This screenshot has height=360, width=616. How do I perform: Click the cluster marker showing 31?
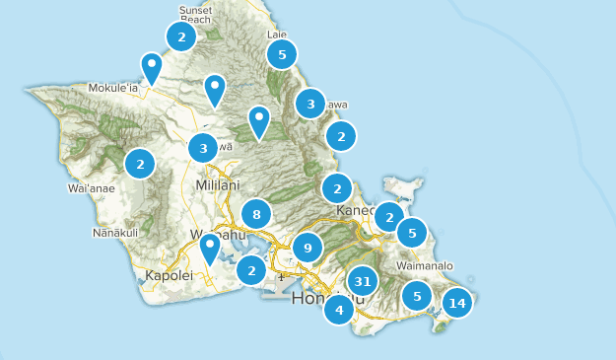click(x=363, y=282)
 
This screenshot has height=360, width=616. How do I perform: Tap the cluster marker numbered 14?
click(x=456, y=303)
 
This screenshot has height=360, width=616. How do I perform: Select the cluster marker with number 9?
click(x=308, y=249)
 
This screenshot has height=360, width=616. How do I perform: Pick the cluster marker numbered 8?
click(x=256, y=214)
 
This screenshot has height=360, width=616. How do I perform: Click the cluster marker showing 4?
click(x=339, y=310)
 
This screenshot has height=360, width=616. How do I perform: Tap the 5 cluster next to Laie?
click(x=282, y=54)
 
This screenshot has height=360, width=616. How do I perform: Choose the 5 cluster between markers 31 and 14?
click(x=418, y=295)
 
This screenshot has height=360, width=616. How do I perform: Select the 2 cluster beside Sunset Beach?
click(x=180, y=37)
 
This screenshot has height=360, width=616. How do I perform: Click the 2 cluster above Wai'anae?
click(x=140, y=164)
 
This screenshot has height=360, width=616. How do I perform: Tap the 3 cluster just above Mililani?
click(x=203, y=149)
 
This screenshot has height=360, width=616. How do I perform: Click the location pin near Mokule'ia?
click(x=152, y=68)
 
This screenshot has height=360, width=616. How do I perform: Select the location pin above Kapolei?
click(x=209, y=249)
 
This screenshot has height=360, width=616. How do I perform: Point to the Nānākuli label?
click(x=115, y=232)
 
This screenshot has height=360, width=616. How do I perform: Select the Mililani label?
click(x=217, y=184)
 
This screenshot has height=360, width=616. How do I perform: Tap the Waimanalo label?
click(x=424, y=265)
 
